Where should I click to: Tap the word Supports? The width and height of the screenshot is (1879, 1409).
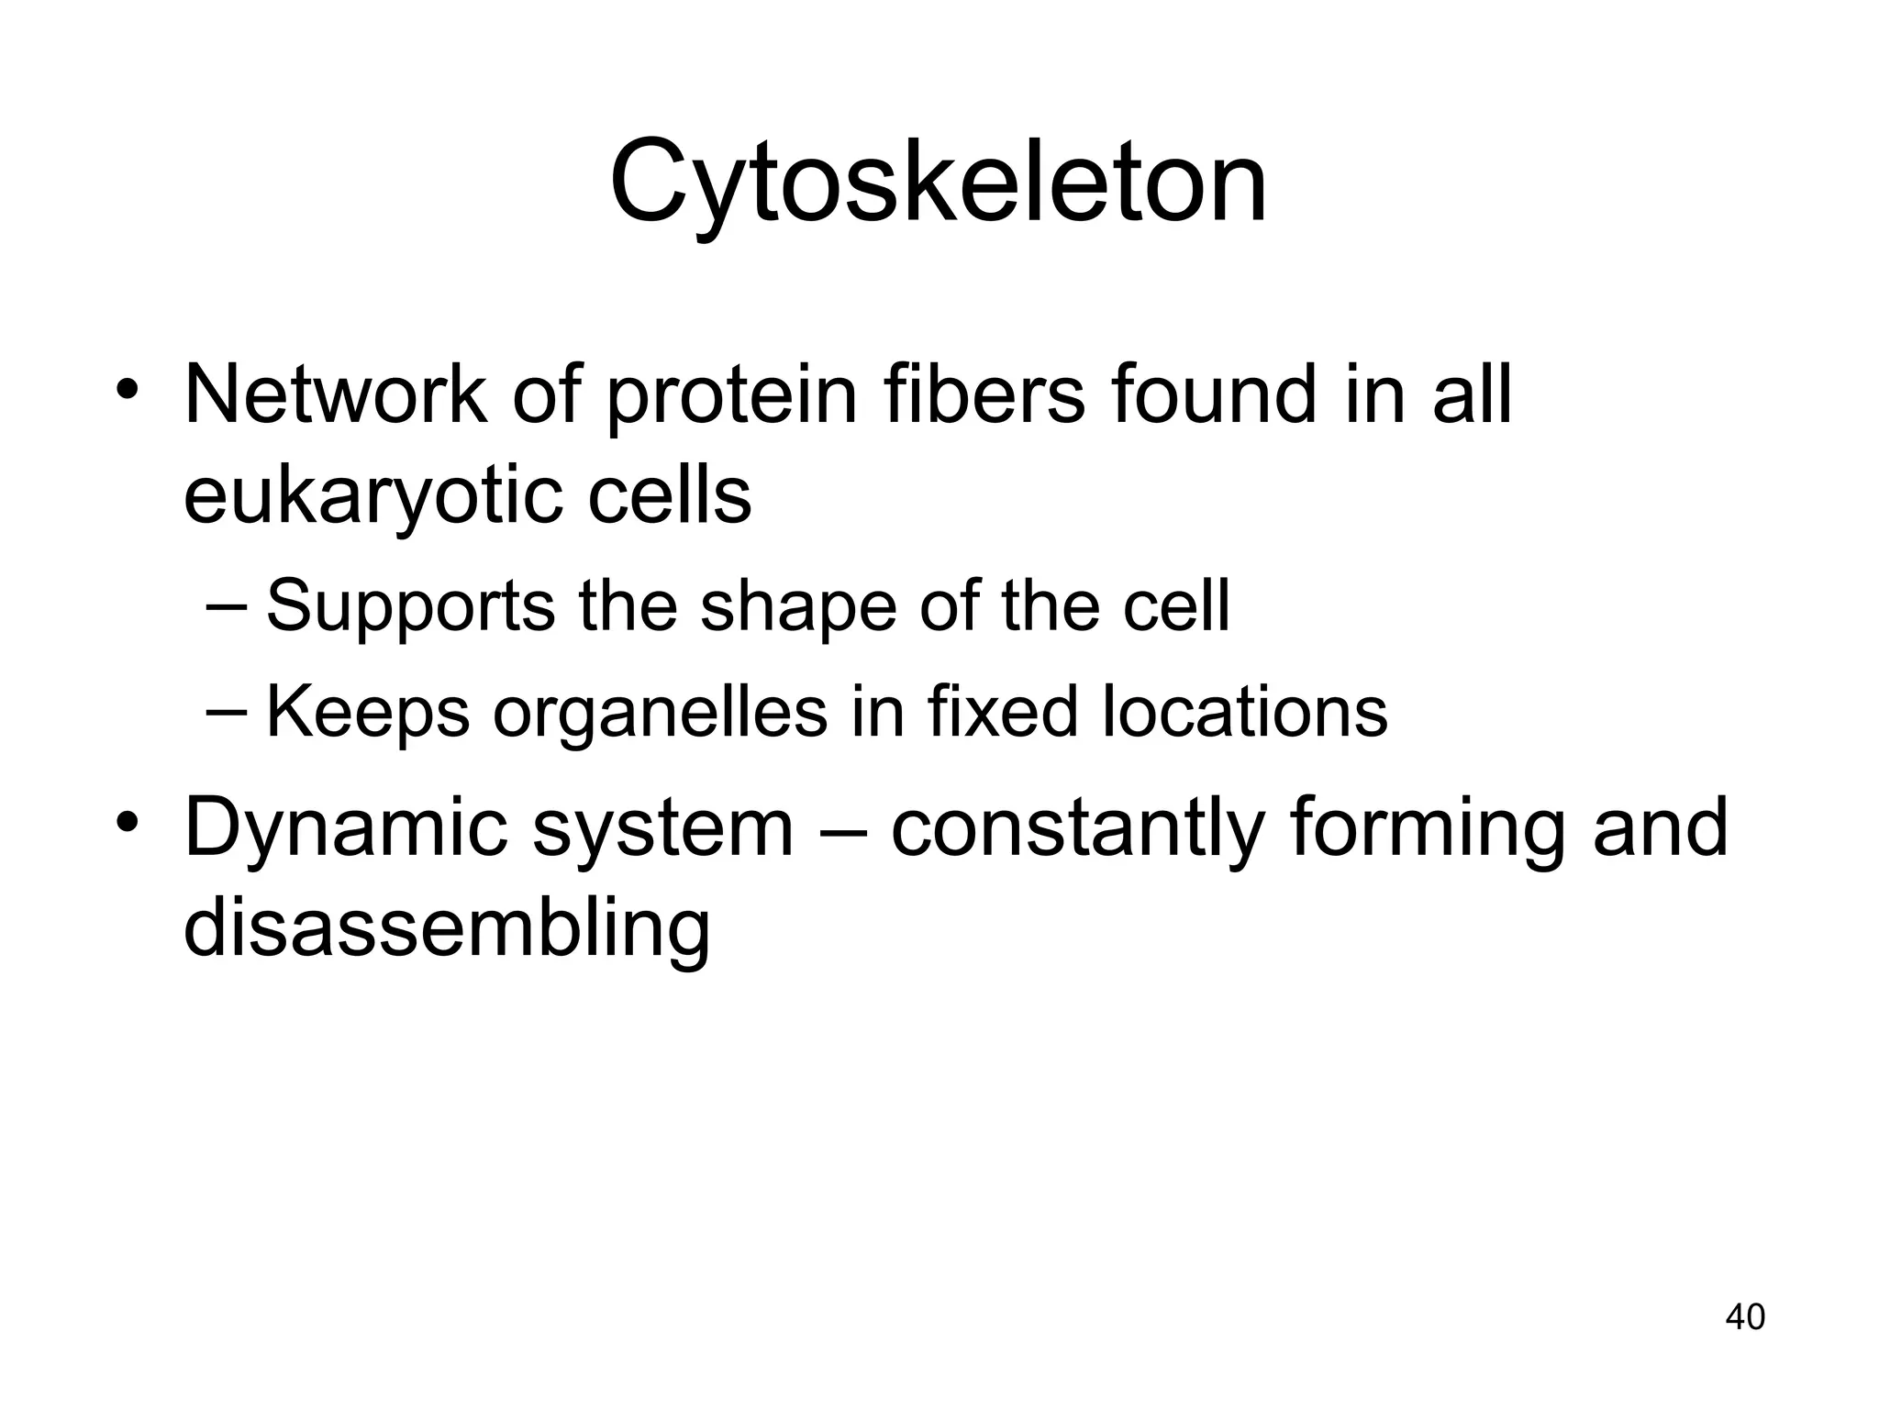point(410,607)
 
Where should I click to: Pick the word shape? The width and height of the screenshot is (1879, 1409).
point(797,607)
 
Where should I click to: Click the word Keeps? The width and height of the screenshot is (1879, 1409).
point(367,714)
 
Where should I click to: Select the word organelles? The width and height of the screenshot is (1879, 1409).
point(660,714)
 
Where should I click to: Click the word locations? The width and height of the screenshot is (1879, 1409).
point(1244,712)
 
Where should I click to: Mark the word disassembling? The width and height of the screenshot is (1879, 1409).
point(447,928)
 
